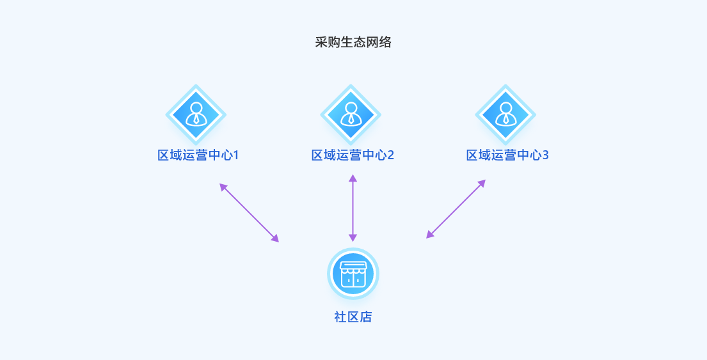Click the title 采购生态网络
[353, 43]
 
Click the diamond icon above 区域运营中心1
[196, 114]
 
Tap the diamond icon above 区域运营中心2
[351, 114]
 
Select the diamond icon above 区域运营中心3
[505, 114]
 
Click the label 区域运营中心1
[198, 155]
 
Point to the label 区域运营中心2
[353, 155]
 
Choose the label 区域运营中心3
[507, 155]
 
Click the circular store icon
[353, 274]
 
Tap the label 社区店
[353, 317]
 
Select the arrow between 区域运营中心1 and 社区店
[250, 213]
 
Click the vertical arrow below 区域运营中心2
[353, 208]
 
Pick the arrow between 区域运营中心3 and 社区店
[456, 209]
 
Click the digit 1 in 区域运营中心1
[235, 155]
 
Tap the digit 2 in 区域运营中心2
[390, 155]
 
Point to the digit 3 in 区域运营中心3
[545, 155]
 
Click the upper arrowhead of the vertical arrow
[353, 178]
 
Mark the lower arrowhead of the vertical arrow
[353, 238]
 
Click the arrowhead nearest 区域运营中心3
[482, 184]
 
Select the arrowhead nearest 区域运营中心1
[223, 187]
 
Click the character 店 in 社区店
[365, 317]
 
